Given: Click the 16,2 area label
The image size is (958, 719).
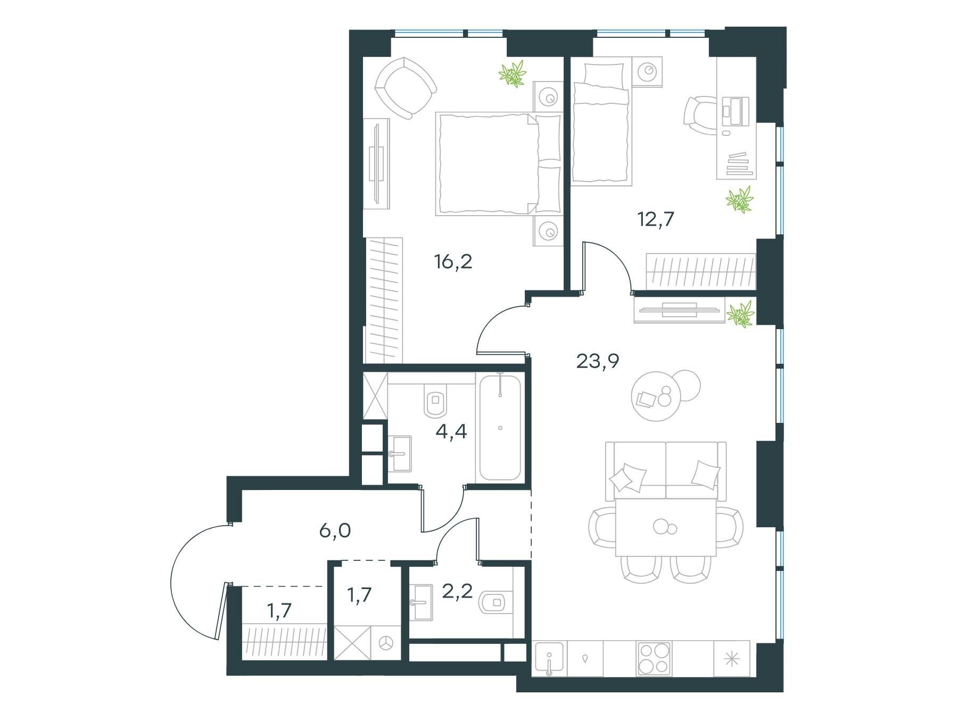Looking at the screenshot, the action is (x=453, y=262).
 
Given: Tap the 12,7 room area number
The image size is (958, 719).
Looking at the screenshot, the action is (x=656, y=219).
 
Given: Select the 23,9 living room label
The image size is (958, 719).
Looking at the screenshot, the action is (x=598, y=362).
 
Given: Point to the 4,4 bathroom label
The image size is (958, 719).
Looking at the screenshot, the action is (x=451, y=431).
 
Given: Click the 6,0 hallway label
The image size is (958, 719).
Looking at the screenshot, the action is (x=335, y=531).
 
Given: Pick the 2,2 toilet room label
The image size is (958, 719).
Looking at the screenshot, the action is (x=458, y=591).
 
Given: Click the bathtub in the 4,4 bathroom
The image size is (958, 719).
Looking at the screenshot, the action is (x=500, y=427).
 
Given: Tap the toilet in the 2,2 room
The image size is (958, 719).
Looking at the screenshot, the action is (x=495, y=602).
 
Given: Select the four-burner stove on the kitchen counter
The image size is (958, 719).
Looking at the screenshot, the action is (x=655, y=659).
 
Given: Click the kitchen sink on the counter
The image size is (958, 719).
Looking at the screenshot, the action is (x=549, y=658).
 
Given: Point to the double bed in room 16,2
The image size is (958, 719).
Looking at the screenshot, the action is (x=499, y=164).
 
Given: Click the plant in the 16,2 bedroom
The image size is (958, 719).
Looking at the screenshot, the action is (x=513, y=73).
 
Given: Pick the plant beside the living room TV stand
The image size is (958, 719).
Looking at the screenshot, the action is (x=741, y=313).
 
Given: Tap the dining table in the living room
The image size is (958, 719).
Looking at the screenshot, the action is (x=666, y=527).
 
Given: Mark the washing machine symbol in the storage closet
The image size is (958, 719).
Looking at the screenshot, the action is (x=386, y=643).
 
